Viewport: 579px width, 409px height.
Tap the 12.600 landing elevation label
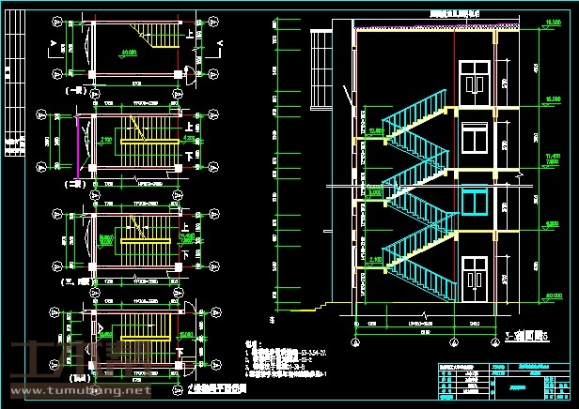[376, 130]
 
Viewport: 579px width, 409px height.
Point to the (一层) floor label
[72, 91]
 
